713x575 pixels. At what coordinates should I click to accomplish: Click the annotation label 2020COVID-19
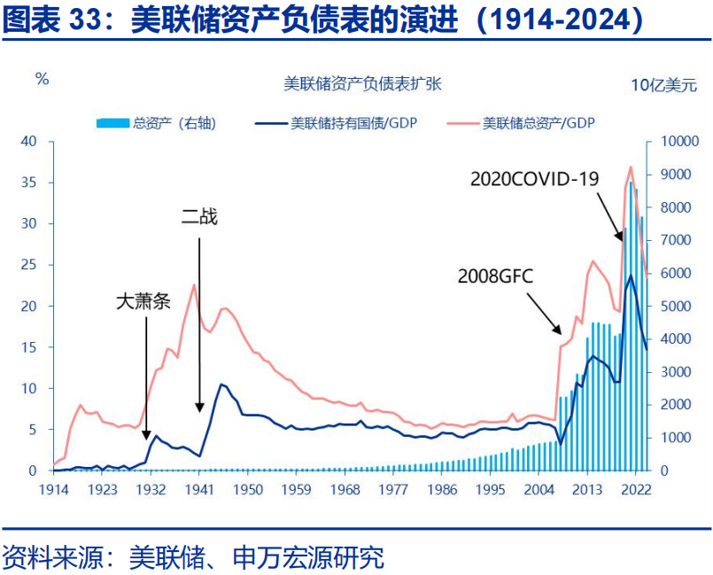pyautogui.click(x=534, y=179)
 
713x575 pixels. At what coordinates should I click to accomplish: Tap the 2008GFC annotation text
pyautogui.click(x=496, y=275)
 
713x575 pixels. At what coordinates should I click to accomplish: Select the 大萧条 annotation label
pyautogui.click(x=143, y=300)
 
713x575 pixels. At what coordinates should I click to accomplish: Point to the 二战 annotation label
pyautogui.click(x=198, y=216)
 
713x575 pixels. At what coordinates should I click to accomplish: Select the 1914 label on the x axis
pyautogui.click(x=53, y=489)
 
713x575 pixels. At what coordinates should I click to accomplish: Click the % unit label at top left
pyautogui.click(x=42, y=79)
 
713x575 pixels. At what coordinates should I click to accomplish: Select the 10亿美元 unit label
pyautogui.click(x=663, y=85)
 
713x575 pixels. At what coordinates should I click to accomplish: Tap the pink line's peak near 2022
pyautogui.click(x=631, y=167)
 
